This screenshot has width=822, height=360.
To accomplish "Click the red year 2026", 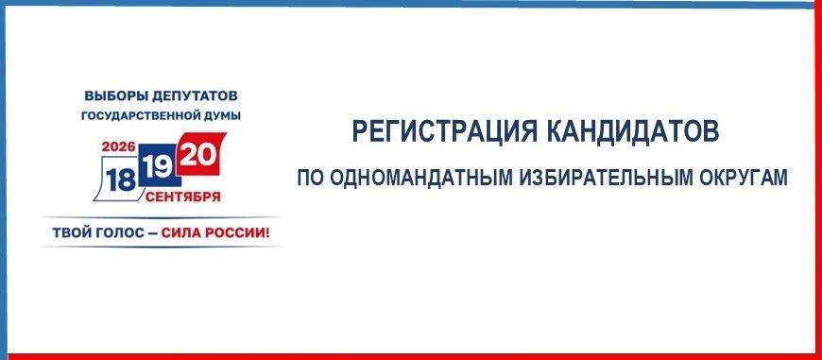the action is [119, 146].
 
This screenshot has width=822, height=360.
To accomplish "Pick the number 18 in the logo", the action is [121, 180].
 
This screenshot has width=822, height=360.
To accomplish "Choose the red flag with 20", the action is [199, 155].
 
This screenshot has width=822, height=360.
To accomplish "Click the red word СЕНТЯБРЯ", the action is [183, 197].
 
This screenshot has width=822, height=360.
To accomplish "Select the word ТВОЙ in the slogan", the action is [71, 232].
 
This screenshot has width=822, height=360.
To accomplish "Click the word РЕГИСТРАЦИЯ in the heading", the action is [445, 131].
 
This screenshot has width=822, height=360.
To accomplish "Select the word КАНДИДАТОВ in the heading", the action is [633, 131].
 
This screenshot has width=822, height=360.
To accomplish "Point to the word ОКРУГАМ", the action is [744, 178].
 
